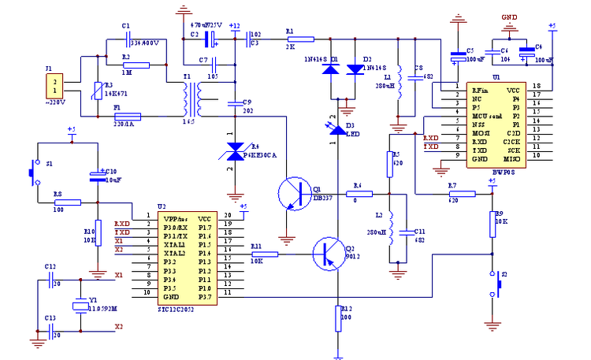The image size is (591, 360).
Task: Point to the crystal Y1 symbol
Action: coord(80,306)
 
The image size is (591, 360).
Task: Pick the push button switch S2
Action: coord(496,284)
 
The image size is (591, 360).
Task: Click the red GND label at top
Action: coord(510,17)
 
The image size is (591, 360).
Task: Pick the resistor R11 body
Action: coord(265,254)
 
